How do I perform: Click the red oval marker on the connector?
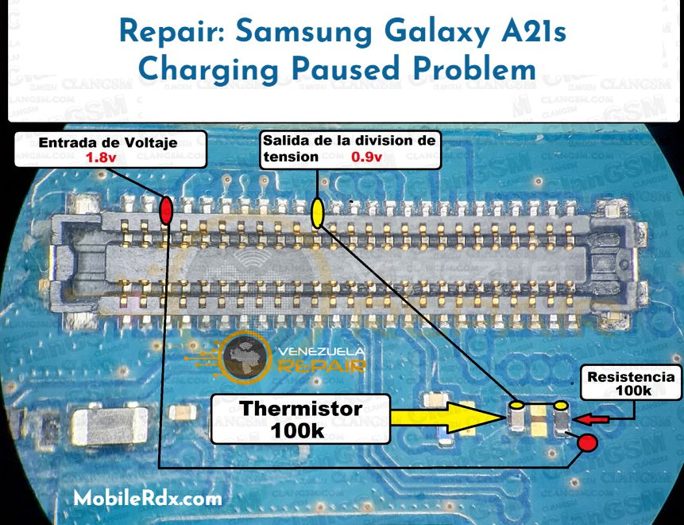[x=166, y=211]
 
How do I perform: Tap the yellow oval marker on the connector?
[x=317, y=213]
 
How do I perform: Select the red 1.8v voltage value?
[x=101, y=157]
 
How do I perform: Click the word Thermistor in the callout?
[x=300, y=409]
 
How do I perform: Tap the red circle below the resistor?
[x=587, y=443]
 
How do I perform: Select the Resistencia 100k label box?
[x=632, y=384]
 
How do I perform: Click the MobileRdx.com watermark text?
[x=148, y=499]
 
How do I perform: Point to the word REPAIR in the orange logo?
[x=322, y=366]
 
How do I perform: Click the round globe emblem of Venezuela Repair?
[x=248, y=357]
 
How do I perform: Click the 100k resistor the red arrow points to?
[x=562, y=418]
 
